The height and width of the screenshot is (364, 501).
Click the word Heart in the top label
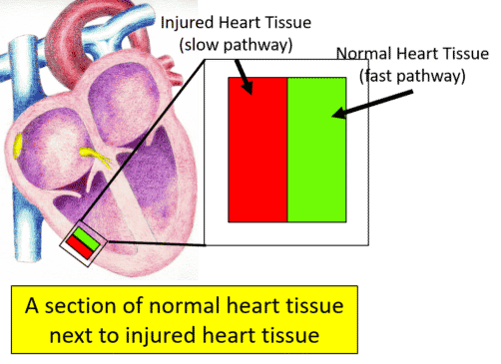click(253, 23)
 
